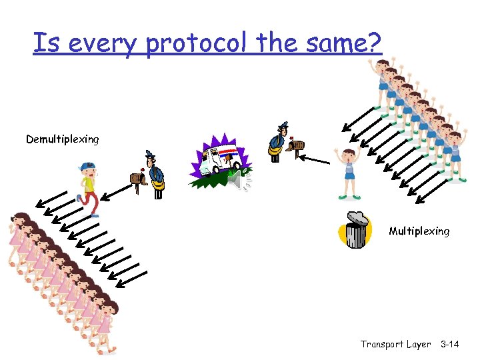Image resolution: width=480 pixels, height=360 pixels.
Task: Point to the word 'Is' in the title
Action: point(44,44)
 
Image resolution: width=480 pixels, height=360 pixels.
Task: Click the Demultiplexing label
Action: point(62,139)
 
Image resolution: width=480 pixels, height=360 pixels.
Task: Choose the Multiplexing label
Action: point(419,231)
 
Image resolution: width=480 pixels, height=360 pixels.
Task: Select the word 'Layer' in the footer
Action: point(419,344)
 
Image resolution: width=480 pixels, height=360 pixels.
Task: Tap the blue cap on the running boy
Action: point(87,166)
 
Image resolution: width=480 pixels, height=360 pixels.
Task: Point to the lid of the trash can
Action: point(357,217)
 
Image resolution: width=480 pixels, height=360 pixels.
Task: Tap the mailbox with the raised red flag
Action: point(295,145)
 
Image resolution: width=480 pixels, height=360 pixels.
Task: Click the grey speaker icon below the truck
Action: point(235,179)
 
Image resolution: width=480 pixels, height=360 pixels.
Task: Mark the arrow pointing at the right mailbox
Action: point(313,160)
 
